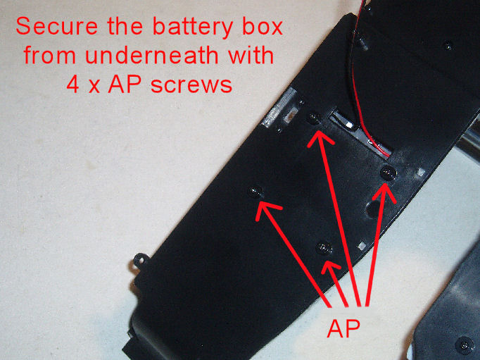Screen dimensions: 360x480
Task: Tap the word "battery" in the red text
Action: point(195,28)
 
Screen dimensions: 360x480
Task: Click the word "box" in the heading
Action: point(263,28)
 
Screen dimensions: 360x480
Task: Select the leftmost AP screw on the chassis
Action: point(256,191)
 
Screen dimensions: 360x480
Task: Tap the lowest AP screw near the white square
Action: point(324,247)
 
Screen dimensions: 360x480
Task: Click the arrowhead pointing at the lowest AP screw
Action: point(328,264)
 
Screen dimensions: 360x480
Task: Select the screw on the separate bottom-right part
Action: point(466,344)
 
